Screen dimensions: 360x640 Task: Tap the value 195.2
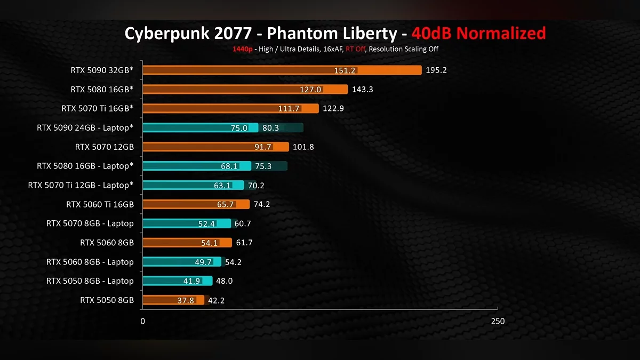tap(436, 70)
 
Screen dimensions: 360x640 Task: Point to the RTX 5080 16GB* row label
tap(102, 90)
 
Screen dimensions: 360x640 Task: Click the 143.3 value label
tap(363, 90)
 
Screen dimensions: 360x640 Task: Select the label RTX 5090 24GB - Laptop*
tap(85, 128)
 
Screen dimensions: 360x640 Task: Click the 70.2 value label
tap(256, 186)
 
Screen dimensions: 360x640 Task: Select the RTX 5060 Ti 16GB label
tap(100, 204)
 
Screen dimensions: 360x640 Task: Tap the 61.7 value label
tap(244, 243)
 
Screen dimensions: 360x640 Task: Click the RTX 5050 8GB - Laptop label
tap(90, 281)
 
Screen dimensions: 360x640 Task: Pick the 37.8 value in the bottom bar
tap(186, 300)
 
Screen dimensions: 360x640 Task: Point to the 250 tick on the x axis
tap(497, 321)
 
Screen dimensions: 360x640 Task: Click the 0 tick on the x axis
tap(142, 321)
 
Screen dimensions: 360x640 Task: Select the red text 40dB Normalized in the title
tap(478, 34)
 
